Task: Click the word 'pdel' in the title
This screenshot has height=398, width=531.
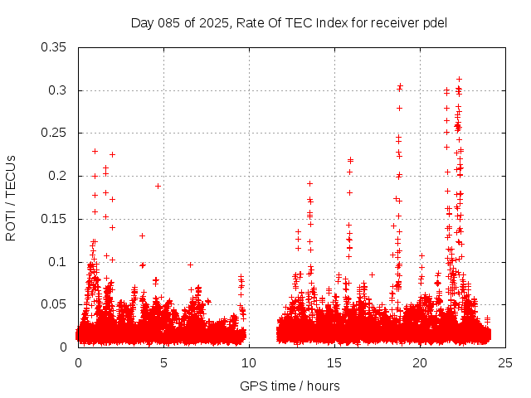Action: click(x=435, y=22)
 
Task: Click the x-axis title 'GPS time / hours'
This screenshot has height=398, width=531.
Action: click(x=290, y=386)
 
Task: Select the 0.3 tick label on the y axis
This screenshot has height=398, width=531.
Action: click(x=59, y=90)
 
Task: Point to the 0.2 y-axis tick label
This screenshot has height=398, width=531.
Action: click(x=59, y=176)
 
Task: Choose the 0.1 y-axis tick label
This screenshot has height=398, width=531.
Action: click(x=59, y=262)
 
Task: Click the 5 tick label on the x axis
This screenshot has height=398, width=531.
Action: click(x=163, y=362)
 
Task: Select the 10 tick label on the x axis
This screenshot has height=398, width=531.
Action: click(x=249, y=362)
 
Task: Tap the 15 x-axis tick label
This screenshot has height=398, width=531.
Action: click(x=334, y=362)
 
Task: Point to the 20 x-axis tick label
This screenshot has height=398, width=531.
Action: click(x=420, y=362)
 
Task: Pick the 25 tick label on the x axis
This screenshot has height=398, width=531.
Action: click(x=505, y=362)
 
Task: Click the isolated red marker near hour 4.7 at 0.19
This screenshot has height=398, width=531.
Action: click(x=158, y=186)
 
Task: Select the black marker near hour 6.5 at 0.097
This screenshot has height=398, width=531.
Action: click(x=190, y=265)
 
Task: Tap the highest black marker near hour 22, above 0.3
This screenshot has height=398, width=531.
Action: click(x=459, y=79)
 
